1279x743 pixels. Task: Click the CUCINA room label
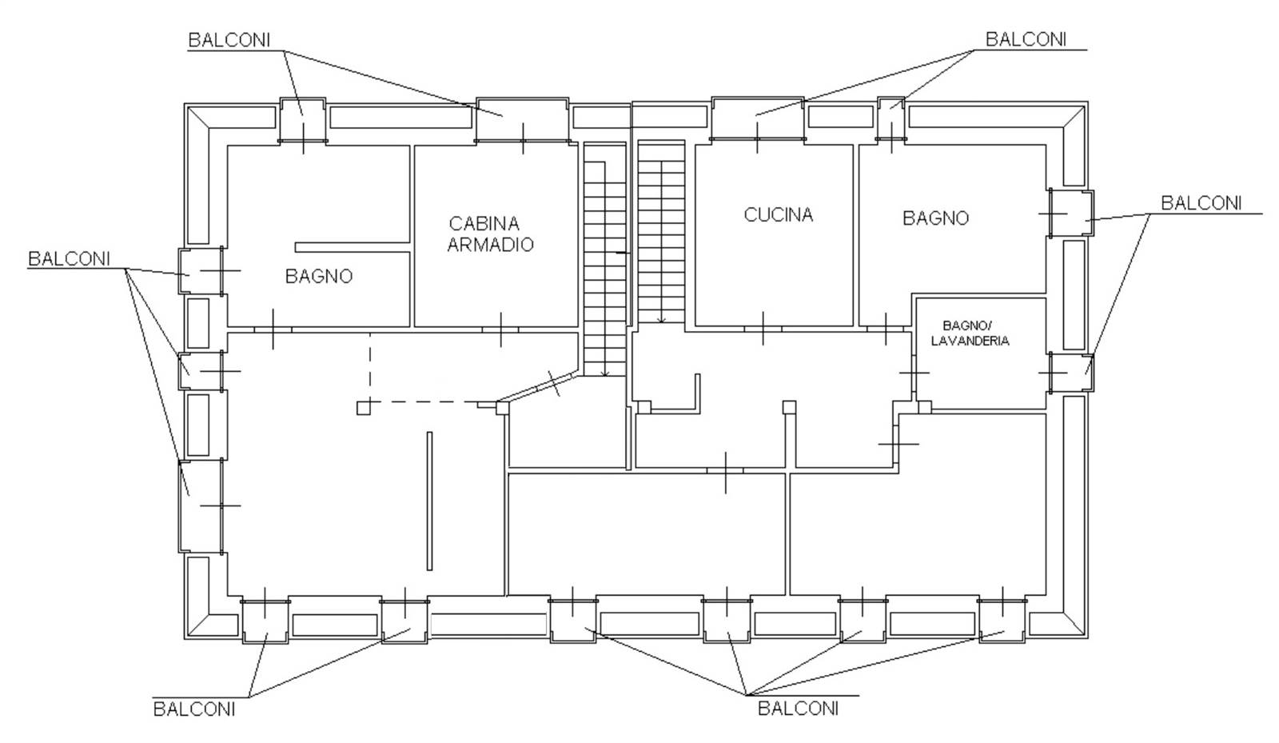(x=779, y=214)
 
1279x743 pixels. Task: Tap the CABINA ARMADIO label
(x=491, y=234)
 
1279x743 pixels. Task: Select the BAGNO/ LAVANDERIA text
(x=970, y=333)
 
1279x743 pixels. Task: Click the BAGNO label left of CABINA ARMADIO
(x=319, y=277)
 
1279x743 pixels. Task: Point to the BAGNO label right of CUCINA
(x=936, y=218)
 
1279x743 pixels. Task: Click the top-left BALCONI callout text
(x=229, y=40)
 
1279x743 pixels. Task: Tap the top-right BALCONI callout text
(x=1026, y=39)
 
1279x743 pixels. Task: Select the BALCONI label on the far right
(x=1202, y=203)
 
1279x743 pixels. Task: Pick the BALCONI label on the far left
(x=69, y=258)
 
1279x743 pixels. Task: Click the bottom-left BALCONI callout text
(x=194, y=709)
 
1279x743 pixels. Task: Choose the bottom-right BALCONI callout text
(x=799, y=709)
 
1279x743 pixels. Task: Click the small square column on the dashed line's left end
(x=363, y=408)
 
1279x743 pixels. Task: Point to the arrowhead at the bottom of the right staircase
(x=661, y=320)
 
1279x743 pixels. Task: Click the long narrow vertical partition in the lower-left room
(x=429, y=501)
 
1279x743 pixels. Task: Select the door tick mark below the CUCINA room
(x=763, y=329)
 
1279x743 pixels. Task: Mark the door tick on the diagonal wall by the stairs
(x=554, y=383)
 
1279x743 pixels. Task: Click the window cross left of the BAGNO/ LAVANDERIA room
(x=914, y=373)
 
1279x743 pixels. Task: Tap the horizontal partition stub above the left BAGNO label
(x=353, y=247)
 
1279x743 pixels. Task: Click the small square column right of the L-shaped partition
(x=789, y=407)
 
